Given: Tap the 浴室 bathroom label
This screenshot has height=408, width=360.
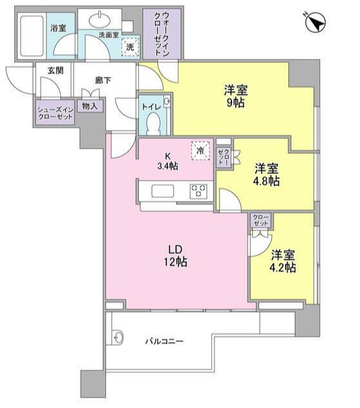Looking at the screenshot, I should (x=59, y=28).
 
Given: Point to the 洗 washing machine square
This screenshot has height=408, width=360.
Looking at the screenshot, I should (x=131, y=47).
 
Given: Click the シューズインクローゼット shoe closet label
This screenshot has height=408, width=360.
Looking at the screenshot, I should (x=55, y=113).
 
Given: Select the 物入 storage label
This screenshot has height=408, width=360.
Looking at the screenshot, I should (x=89, y=105).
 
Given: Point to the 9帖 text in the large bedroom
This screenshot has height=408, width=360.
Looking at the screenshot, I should (x=235, y=102).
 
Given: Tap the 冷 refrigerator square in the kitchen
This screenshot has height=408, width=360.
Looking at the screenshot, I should (x=200, y=151).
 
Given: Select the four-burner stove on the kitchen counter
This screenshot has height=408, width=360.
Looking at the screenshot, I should (x=198, y=191).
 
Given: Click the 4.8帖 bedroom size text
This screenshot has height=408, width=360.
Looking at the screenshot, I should (x=266, y=182).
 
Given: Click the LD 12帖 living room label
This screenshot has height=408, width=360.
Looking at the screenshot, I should (x=175, y=256).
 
